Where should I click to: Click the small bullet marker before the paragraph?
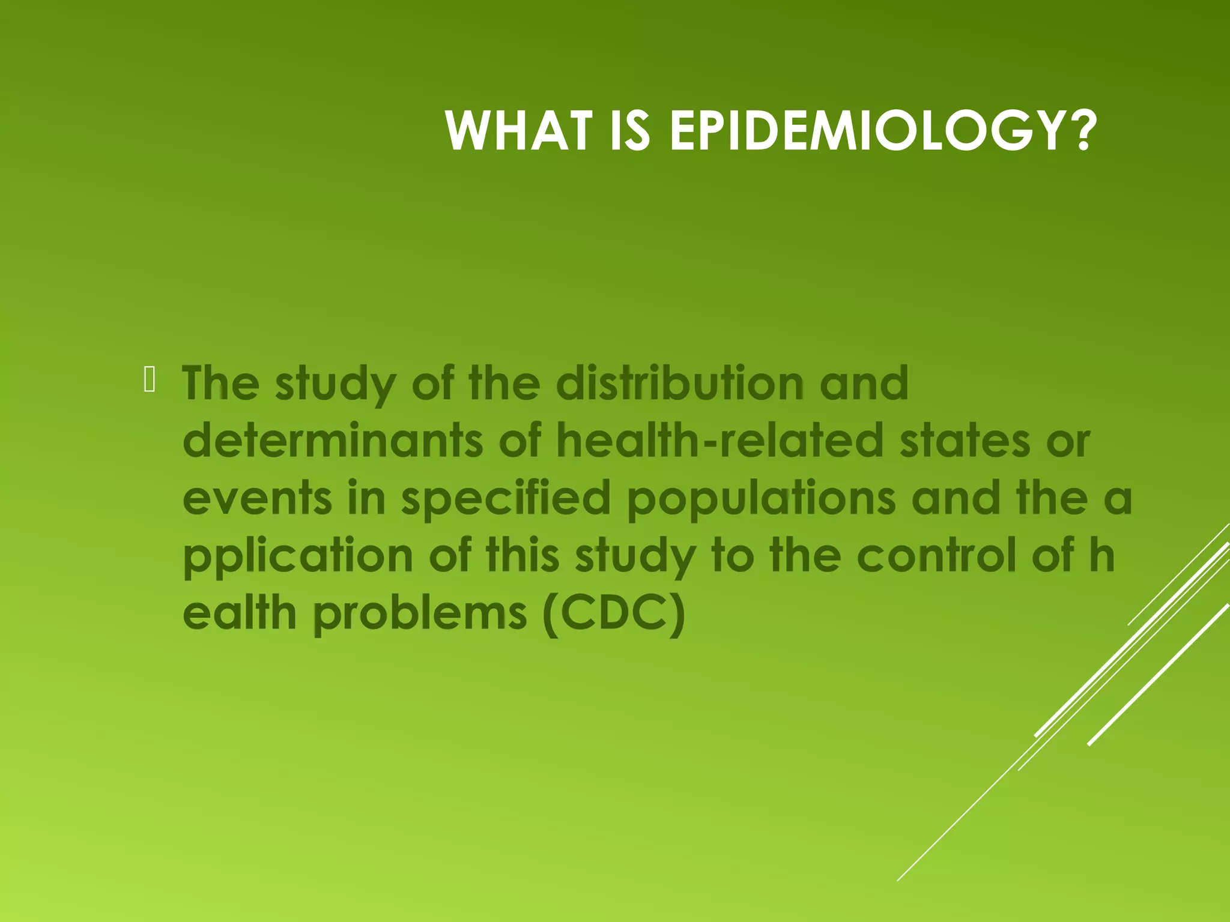coord(150,381)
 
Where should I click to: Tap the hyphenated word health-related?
coord(720,441)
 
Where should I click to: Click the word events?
coord(257,498)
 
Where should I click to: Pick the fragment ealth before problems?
coord(240,613)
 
